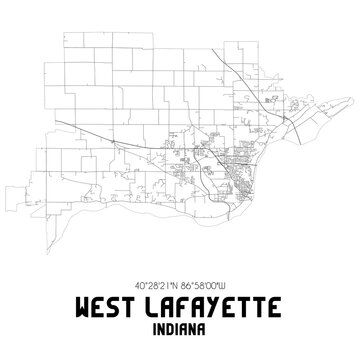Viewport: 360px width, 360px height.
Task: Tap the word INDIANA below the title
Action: pos(180,327)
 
